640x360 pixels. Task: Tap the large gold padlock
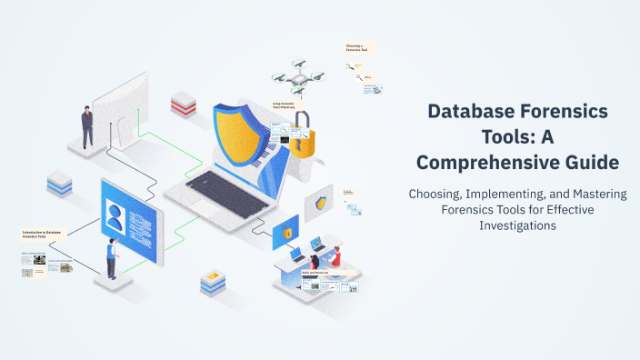304,137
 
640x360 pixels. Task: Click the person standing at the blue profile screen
112,258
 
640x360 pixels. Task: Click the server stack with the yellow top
214,283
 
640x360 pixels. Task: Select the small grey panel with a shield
317,205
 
